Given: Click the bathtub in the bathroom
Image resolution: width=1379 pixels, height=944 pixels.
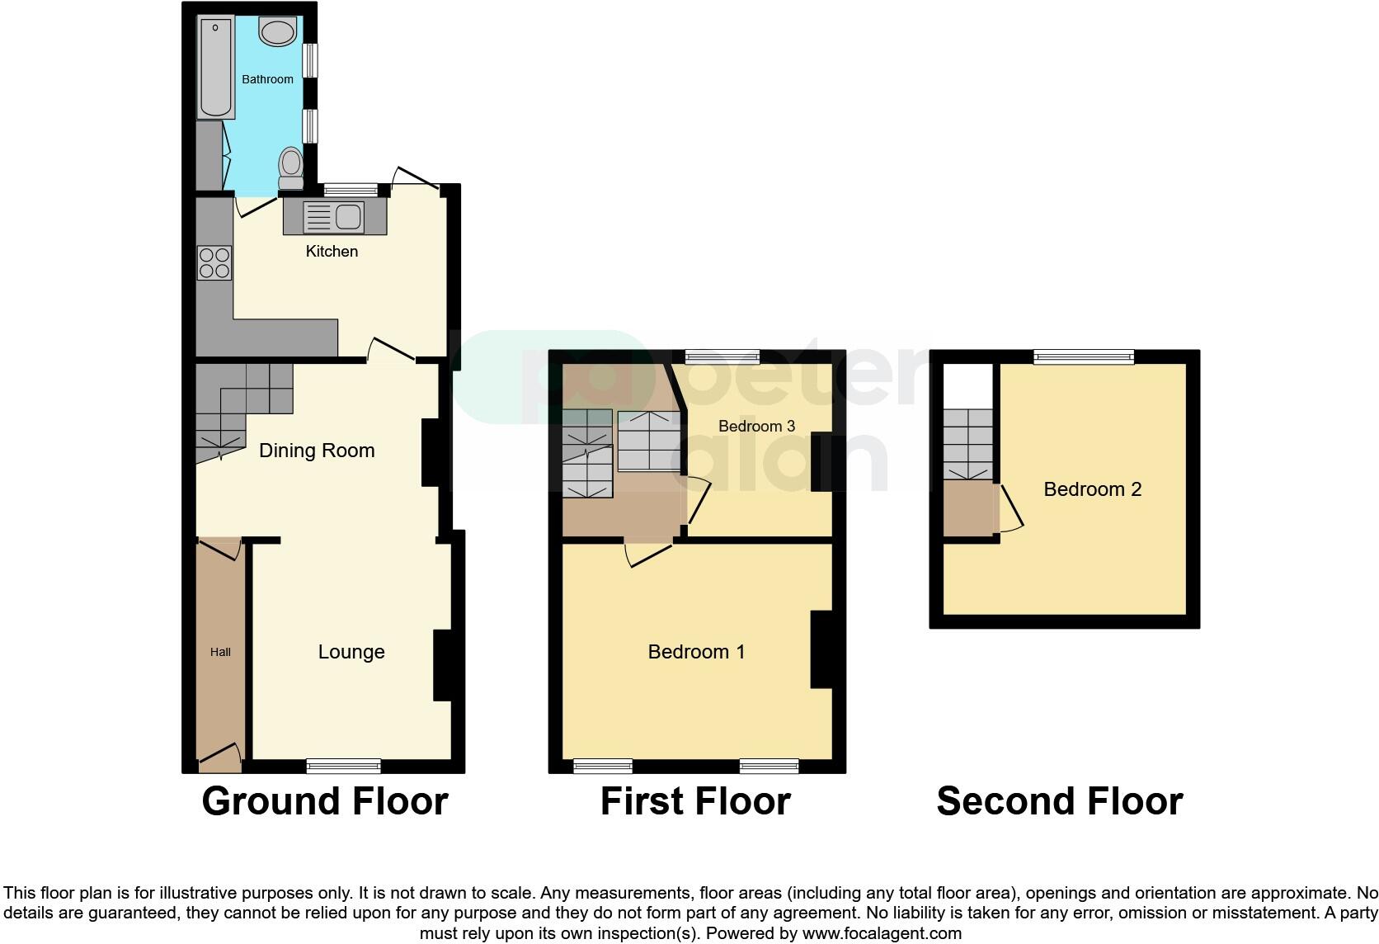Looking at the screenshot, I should click(x=215, y=68).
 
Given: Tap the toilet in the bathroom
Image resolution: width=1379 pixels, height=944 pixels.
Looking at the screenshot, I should click(x=290, y=168).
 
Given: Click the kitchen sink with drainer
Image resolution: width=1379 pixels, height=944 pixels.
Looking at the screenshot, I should click(x=334, y=217).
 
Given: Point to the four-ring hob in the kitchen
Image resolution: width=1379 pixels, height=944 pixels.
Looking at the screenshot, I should click(x=214, y=263).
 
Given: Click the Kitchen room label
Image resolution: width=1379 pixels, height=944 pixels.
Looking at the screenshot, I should click(x=332, y=252).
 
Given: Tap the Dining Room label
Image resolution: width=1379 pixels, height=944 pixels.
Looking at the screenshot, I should click(x=317, y=451).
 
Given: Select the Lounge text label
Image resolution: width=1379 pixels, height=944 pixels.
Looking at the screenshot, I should click(x=351, y=652).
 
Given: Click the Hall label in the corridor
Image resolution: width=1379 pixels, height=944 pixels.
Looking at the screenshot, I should click(x=220, y=652).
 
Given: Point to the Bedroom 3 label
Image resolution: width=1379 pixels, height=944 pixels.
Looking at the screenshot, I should click(x=756, y=426).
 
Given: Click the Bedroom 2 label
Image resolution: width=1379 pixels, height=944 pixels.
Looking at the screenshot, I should click(x=1092, y=489).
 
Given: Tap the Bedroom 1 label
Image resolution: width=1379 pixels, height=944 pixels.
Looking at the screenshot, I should click(x=696, y=652).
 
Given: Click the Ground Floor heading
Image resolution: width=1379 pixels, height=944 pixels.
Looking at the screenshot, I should click(x=324, y=801).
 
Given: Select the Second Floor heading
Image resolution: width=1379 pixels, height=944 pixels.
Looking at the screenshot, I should click(x=1059, y=801).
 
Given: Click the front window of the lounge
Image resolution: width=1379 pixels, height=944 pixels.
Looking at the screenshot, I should click(x=343, y=767).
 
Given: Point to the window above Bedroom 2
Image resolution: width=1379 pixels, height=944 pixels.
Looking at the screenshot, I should click(x=1084, y=356).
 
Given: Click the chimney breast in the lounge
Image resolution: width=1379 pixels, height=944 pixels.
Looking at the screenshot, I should click(x=443, y=665).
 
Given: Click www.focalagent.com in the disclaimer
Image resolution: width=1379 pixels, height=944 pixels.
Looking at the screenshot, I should click(x=882, y=934).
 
